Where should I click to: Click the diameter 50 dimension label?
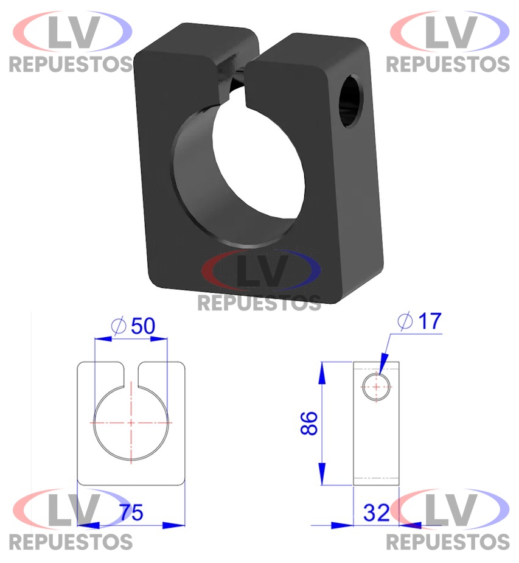[133, 326]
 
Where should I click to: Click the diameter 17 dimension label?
[420, 321]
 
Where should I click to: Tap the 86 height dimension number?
[309, 424]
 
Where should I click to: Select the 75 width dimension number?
[131, 512]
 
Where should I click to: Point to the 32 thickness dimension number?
[376, 512]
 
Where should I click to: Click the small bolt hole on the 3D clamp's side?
[350, 100]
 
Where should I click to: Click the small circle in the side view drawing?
[376, 386]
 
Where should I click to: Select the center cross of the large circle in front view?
[131, 422]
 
